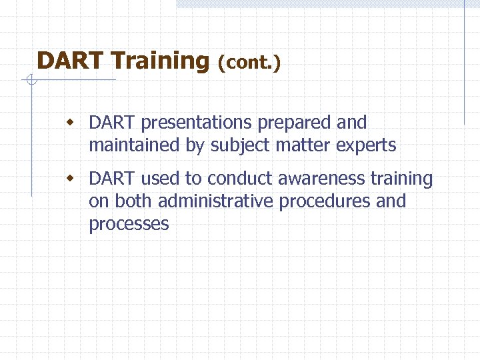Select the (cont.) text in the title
point(249,63)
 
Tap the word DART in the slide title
point(71,61)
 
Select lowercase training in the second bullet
point(401,179)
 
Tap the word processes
point(129,224)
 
